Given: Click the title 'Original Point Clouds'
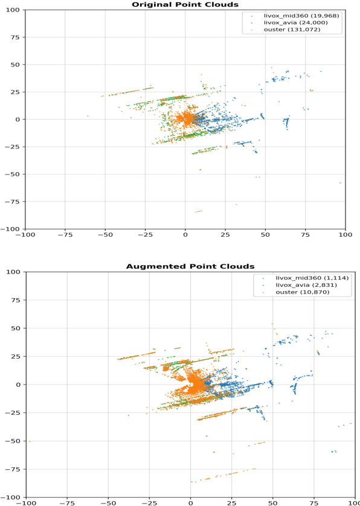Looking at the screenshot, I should click(x=185, y=5).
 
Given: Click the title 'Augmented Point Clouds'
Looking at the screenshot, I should click(x=190, y=266).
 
